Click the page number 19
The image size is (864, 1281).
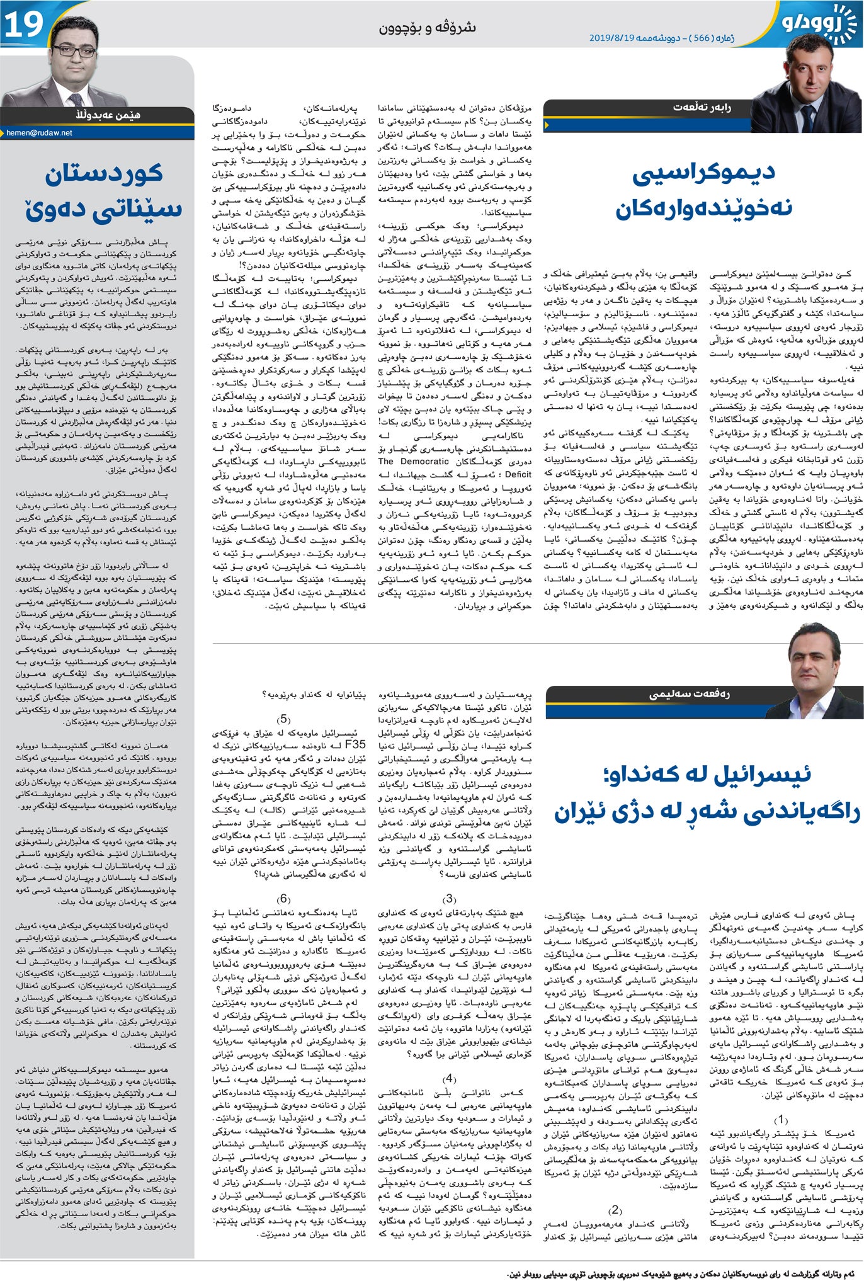pos(24,24)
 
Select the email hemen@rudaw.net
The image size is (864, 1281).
pos(39,133)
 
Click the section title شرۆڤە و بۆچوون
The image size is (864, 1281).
pos(428,27)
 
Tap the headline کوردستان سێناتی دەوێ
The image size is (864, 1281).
pos(104,193)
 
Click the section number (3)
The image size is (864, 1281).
pos(449,899)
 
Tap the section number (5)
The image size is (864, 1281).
pos(283,719)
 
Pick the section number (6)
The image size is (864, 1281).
pos(283,899)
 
